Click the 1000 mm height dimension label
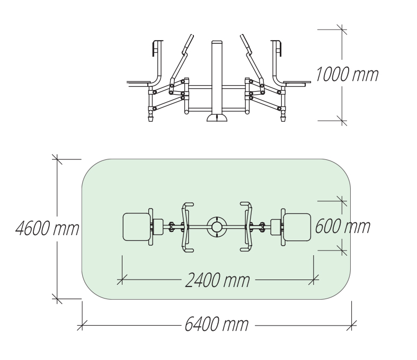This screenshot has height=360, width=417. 347,75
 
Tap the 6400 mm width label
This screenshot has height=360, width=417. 216,323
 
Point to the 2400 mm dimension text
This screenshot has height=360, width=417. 217,280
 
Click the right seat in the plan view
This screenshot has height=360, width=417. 297,227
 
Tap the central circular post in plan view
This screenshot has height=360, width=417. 216,227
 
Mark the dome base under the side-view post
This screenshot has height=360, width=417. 216,117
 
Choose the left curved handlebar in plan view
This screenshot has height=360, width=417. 185,227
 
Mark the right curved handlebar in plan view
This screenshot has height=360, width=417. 247,227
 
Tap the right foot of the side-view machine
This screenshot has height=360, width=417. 282,118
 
